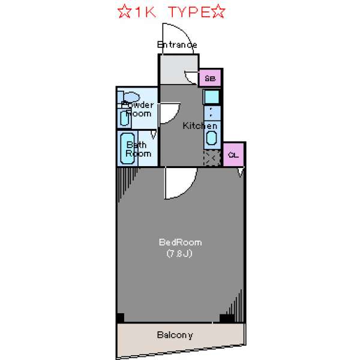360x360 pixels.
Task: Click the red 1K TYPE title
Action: pos(171,12)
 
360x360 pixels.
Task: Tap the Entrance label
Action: pos(177,44)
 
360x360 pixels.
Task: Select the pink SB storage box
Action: pos(210,78)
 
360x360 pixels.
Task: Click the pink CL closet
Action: pos(233,155)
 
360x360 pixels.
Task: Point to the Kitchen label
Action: pos(200,126)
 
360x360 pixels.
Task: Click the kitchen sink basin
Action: pos(211,137)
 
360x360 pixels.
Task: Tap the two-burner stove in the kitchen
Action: pos(212,113)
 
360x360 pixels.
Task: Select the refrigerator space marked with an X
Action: pos(212,158)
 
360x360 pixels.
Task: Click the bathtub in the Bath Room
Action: pos(127,148)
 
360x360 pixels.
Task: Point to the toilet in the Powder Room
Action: pos(129,97)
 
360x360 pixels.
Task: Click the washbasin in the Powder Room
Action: pos(124,118)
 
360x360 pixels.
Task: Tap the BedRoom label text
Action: pos(180,242)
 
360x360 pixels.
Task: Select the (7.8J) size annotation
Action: pos(179,253)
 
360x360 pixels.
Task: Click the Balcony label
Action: pos(175,335)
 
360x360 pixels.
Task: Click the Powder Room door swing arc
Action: pos(174,117)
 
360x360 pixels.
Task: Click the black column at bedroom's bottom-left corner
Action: pos(121,318)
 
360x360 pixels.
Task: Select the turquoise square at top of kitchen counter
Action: pos(212,97)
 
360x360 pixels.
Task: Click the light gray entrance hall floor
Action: pos(179,70)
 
